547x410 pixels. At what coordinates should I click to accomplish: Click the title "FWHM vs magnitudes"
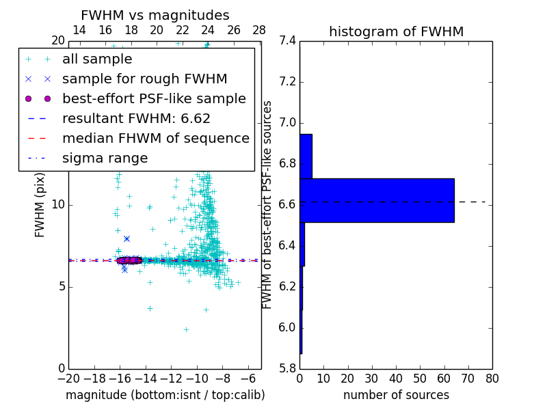(x=155, y=15)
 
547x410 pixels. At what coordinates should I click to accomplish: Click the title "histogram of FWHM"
(x=396, y=31)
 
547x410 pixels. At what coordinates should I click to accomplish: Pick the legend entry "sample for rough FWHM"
(x=144, y=79)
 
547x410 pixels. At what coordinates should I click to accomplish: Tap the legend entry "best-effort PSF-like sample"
(x=154, y=98)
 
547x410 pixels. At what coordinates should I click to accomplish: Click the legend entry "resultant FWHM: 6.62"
(x=136, y=118)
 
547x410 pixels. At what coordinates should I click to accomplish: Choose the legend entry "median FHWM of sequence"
(x=155, y=138)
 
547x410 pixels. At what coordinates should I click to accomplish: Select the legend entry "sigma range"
(x=105, y=159)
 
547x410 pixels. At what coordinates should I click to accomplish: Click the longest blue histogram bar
(x=377, y=200)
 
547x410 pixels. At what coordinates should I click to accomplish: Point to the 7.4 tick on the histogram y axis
(x=288, y=41)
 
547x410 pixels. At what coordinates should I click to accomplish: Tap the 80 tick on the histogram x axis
(x=492, y=378)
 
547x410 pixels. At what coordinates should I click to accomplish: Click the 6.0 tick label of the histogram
(x=288, y=328)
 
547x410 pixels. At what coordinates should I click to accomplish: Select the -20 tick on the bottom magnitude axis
(x=68, y=378)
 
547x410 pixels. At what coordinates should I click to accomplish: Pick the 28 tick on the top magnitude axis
(x=259, y=30)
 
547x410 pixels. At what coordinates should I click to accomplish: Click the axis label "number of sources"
(x=396, y=395)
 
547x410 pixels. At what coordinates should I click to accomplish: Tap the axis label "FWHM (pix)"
(x=40, y=204)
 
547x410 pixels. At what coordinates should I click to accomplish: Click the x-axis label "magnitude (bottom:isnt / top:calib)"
(x=165, y=395)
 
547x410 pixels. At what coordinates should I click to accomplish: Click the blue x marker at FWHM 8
(x=126, y=238)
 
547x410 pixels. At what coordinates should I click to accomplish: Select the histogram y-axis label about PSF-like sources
(x=268, y=204)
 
